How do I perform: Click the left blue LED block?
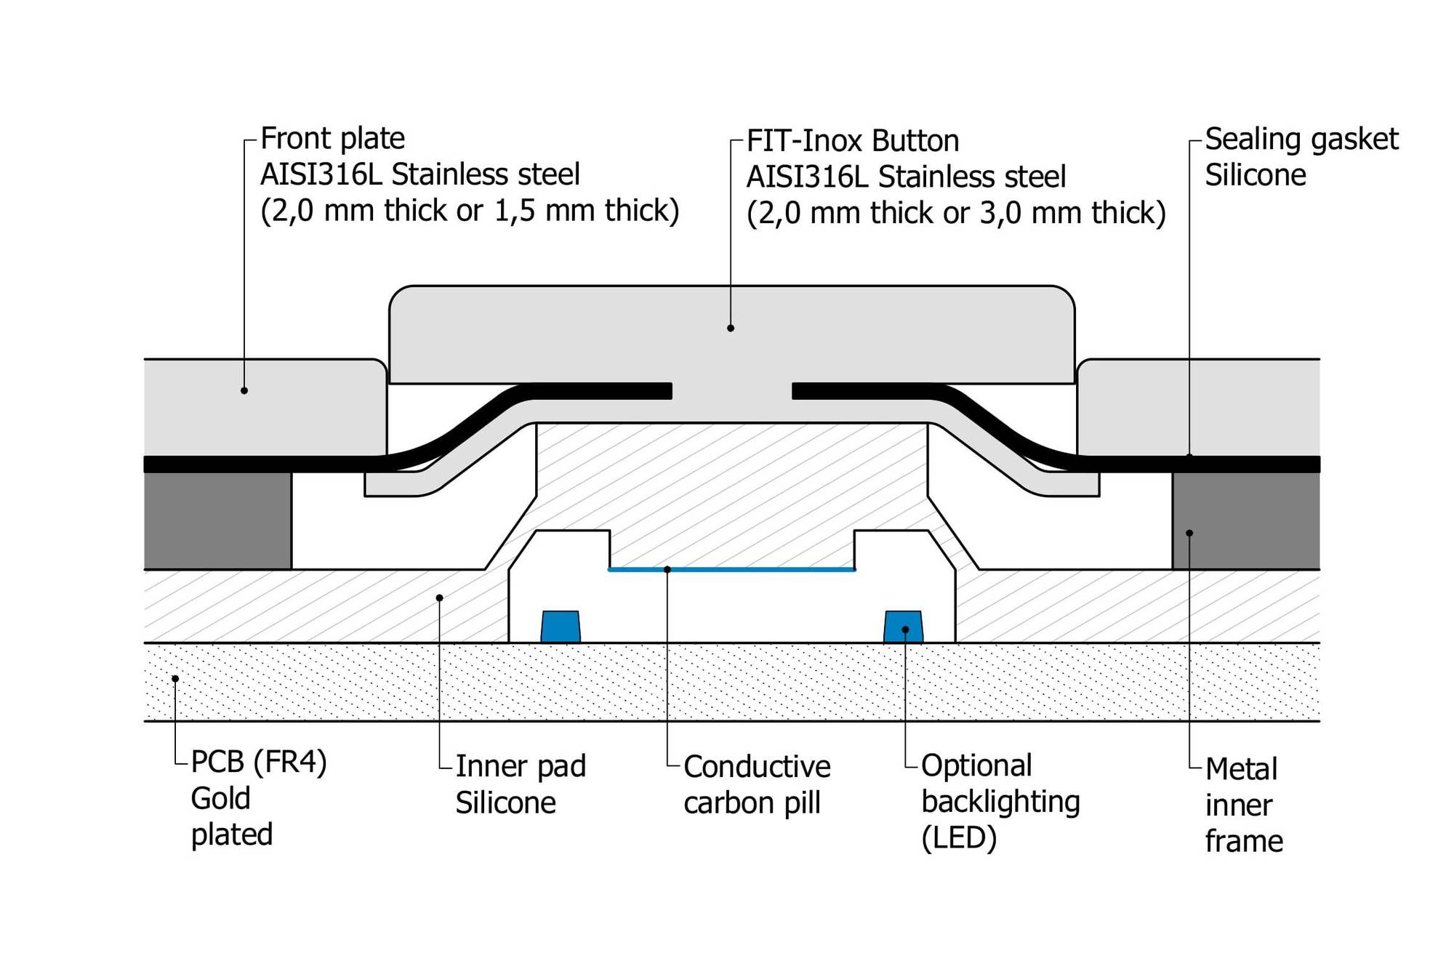pyautogui.click(x=561, y=627)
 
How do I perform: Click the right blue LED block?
pyautogui.click(x=904, y=627)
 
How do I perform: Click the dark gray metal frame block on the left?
pyautogui.click(x=217, y=520)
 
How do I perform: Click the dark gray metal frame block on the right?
pyautogui.click(x=1245, y=520)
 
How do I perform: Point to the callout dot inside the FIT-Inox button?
pyautogui.click(x=731, y=329)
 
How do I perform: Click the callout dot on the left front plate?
pyautogui.click(x=244, y=391)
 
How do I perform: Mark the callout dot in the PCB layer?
pyautogui.click(x=175, y=679)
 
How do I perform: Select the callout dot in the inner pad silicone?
pyautogui.click(x=439, y=598)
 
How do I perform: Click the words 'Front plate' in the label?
pyautogui.click(x=332, y=138)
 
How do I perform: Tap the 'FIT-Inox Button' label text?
pyautogui.click(x=853, y=141)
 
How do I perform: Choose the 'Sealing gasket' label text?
pyautogui.click(x=1301, y=139)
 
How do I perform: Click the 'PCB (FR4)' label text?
pyautogui.click(x=259, y=762)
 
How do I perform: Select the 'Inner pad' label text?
pyautogui.click(x=521, y=766)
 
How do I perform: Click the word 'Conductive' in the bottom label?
pyautogui.click(x=757, y=767)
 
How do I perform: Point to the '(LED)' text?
pyautogui.click(x=959, y=838)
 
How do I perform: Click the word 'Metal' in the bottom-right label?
pyautogui.click(x=1241, y=769)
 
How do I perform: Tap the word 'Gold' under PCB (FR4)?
pyautogui.click(x=220, y=798)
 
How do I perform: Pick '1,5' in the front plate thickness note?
pyautogui.click(x=515, y=210)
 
